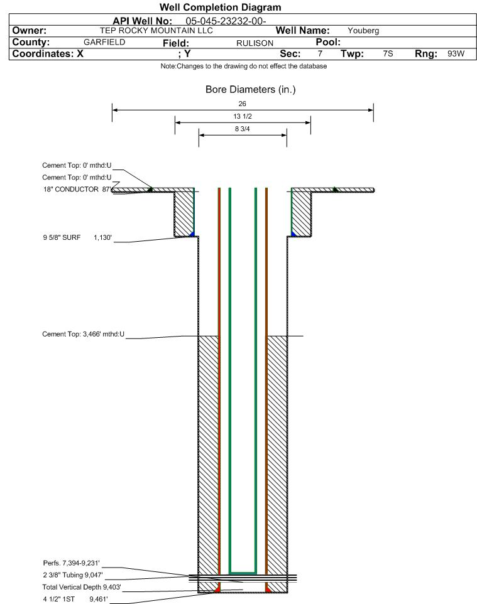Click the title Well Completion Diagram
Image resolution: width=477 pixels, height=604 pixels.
point(220,8)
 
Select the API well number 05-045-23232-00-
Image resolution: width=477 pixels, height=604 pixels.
point(226,21)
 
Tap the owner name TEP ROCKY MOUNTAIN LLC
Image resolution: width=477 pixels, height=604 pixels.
point(156,31)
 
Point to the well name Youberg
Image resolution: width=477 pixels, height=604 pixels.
point(363,31)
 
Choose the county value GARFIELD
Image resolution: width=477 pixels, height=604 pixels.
point(104,42)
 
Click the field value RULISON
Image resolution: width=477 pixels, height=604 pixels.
point(255,43)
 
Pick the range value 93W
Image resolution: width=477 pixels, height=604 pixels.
point(456,53)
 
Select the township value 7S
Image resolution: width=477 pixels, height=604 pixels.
point(388,53)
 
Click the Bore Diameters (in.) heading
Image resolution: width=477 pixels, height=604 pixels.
point(250,90)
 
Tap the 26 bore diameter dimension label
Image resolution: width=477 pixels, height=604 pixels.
point(242,104)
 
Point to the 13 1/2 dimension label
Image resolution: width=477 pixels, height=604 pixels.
point(243,116)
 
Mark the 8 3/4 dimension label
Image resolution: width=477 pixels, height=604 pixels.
point(242,129)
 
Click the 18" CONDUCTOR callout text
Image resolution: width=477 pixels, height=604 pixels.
point(71,190)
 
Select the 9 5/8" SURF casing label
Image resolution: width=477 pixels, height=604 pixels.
point(62,238)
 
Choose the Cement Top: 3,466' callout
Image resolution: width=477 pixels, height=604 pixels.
point(84,335)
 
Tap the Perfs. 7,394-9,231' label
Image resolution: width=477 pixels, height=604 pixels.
point(72,563)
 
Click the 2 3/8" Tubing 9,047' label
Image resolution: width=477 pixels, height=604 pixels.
point(73,575)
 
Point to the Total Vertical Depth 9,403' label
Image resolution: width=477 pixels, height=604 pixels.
point(82,588)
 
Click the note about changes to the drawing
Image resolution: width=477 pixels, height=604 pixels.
point(244,67)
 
